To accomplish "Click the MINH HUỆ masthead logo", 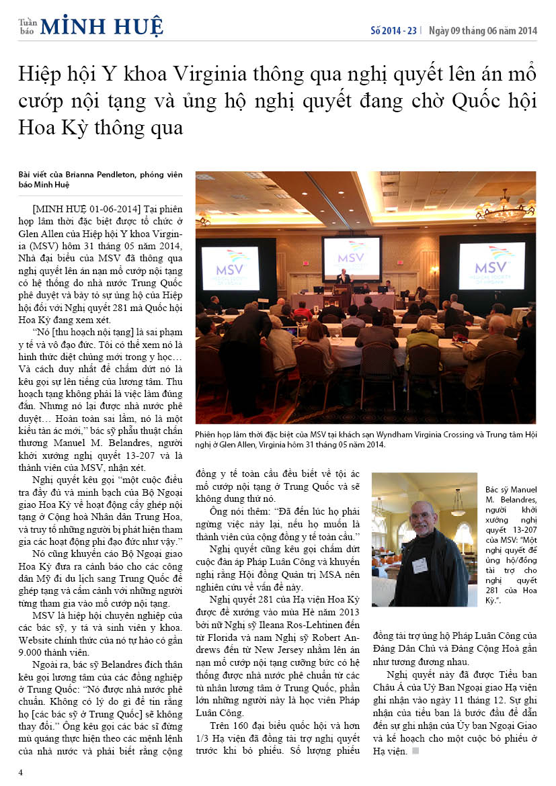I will coord(101,26).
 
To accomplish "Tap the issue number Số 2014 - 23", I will coord(394,30).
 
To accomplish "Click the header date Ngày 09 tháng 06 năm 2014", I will coord(483,30).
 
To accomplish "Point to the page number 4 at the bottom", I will coord(21,772).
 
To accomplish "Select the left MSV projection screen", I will coord(231,267).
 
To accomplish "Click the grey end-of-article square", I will coord(415,750).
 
